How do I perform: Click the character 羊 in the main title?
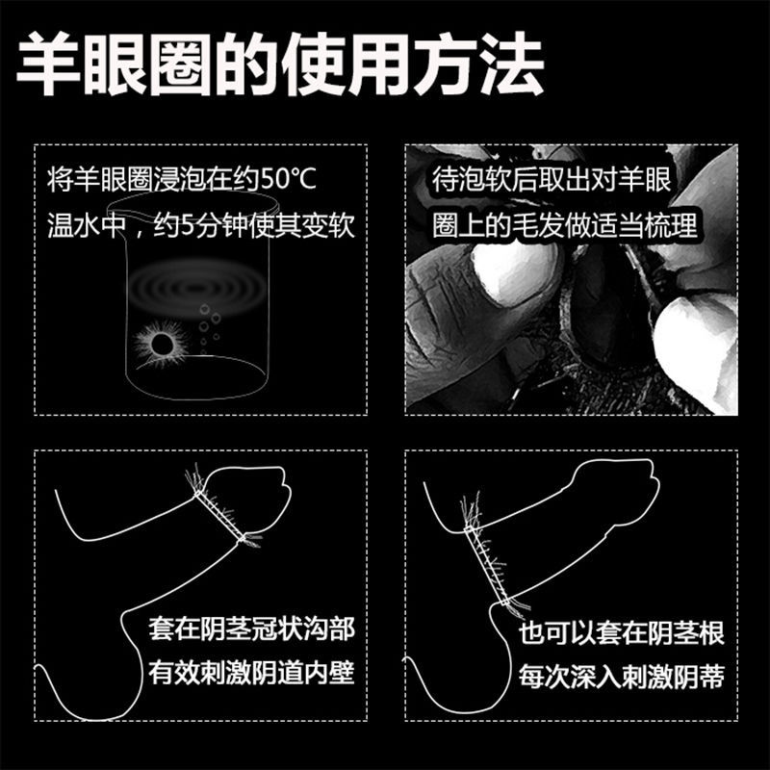pyautogui.click(x=48, y=64)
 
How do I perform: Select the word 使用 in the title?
pyautogui.click(x=346, y=64)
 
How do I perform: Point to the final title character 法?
pyautogui.click(x=512, y=64)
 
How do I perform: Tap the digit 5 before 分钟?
pyautogui.click(x=187, y=226)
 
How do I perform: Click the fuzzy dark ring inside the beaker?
pyautogui.click(x=162, y=344)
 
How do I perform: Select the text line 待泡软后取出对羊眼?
pyautogui.click(x=552, y=179)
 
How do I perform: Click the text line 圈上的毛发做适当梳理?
pyautogui.click(x=565, y=226)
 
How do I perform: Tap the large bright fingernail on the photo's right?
pyautogui.click(x=690, y=344)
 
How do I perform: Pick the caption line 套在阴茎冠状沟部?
pyautogui.click(x=251, y=629)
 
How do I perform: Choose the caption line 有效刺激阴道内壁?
pyautogui.click(x=251, y=672)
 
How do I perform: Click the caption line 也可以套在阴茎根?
pyautogui.click(x=622, y=633)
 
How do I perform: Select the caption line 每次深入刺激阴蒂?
pyautogui.click(x=622, y=677)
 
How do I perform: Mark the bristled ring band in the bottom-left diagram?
pyautogui.click(x=219, y=515)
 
